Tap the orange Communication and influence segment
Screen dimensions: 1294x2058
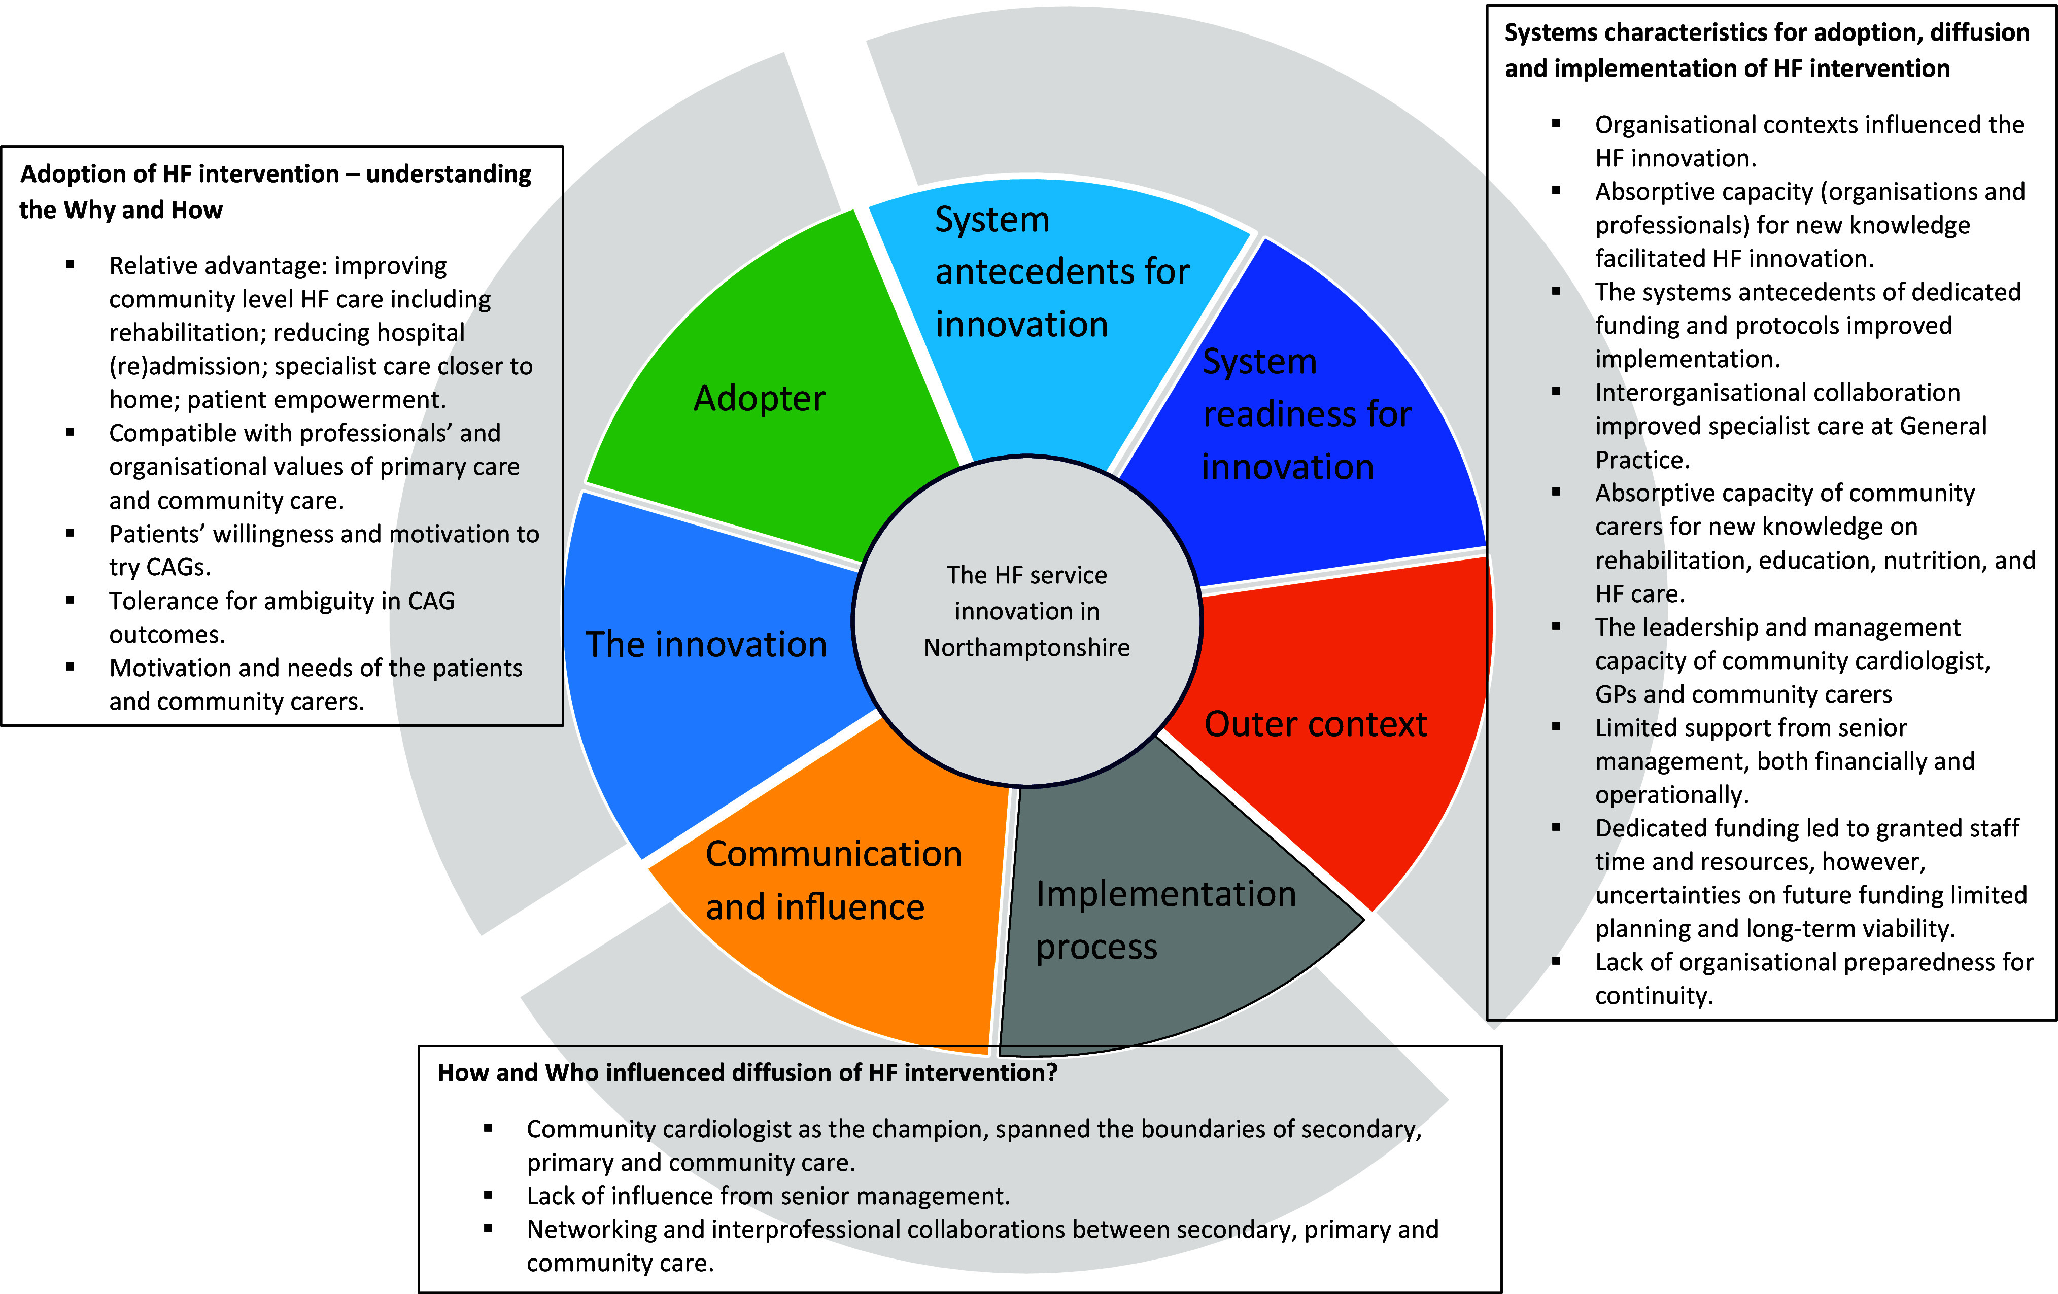pyautogui.click(x=833, y=880)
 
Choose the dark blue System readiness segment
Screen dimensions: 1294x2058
pyautogui.click(x=1306, y=414)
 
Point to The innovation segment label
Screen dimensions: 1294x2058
pyautogui.click(x=706, y=644)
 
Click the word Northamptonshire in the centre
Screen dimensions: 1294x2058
pyautogui.click(x=1026, y=648)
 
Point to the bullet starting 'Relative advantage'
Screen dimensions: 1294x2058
pyautogui.click(x=321, y=332)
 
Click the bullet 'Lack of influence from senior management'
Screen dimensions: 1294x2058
pyautogui.click(x=768, y=1196)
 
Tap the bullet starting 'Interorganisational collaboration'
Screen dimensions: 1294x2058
pyautogui.click(x=1791, y=426)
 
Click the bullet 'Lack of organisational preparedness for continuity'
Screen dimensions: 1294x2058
pyautogui.click(x=1813, y=978)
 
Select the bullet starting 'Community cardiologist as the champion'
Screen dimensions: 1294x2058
pyautogui.click(x=974, y=1145)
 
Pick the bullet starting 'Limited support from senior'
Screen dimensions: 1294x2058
pyautogui.click(x=1785, y=761)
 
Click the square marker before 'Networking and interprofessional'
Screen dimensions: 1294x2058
pyautogui.click(x=488, y=1228)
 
